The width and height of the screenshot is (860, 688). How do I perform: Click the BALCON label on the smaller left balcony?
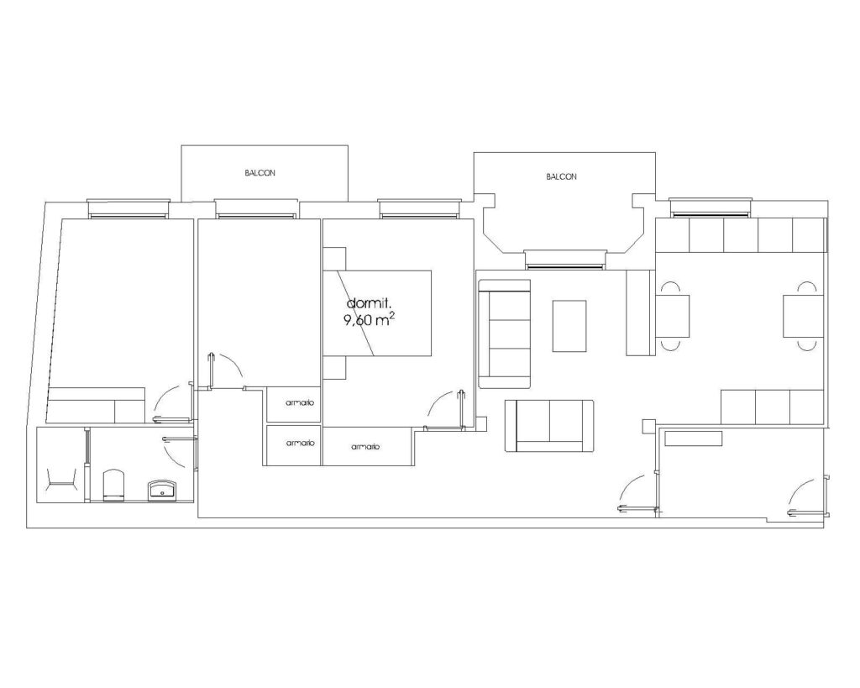260,173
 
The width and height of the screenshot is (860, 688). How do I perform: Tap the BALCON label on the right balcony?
561,176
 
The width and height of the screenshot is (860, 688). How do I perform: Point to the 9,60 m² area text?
370,320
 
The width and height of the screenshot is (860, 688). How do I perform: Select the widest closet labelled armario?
366,447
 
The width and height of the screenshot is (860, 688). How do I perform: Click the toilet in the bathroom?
114,485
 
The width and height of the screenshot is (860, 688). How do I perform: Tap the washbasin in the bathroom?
162,491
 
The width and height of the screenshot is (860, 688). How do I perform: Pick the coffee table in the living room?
569,326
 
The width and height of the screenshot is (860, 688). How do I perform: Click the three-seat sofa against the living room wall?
505,333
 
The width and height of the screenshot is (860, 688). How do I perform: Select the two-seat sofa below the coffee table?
549,426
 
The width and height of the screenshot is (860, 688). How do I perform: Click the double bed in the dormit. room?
377,313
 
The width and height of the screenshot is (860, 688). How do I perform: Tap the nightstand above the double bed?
334,259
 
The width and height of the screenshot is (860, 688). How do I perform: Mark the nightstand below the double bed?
334,368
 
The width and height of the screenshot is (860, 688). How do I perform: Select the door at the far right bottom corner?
807,497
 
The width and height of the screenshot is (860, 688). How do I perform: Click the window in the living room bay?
565,260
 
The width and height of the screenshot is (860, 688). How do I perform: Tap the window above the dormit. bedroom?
419,209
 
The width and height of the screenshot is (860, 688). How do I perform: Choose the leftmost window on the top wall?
128,209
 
